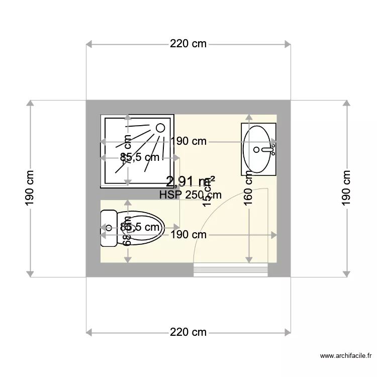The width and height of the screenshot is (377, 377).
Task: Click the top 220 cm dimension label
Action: [189, 44]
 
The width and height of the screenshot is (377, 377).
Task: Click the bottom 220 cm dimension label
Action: [189, 332]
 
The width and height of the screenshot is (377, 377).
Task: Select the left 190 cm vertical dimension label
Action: [30, 189]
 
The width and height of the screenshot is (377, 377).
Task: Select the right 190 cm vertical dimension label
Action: [346, 189]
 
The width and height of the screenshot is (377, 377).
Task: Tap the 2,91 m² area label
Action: [191, 181]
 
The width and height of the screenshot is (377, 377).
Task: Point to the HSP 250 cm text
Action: [190, 195]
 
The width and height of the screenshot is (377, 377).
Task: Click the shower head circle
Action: [160, 128]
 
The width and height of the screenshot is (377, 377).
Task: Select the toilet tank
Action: [108, 228]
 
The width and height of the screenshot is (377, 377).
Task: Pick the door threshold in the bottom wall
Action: [231, 270]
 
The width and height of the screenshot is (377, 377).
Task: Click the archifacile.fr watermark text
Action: [346, 356]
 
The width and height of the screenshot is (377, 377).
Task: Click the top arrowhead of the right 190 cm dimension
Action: [346, 104]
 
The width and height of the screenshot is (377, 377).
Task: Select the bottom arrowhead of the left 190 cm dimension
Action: [30, 273]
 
